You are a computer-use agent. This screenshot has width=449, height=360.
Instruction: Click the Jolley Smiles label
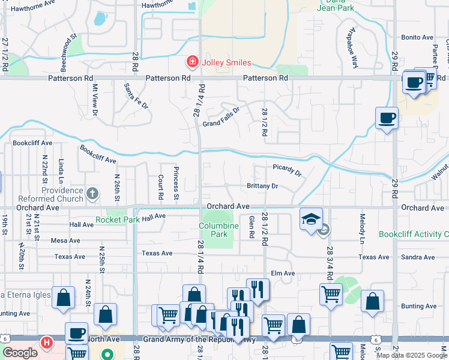pos(227,62)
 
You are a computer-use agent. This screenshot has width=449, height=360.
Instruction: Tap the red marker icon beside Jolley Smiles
pos(191,62)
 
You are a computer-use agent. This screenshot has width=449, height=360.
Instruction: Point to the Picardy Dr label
pos(287,170)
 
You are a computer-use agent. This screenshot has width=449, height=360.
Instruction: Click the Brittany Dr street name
pos(262,186)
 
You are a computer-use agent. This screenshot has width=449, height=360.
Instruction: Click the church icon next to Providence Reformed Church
pos(92,193)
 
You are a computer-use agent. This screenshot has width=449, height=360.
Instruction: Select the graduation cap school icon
pos(312,219)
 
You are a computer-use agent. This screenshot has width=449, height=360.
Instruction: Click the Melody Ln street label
pos(363,228)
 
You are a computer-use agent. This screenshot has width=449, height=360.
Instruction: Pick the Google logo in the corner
pos(20,353)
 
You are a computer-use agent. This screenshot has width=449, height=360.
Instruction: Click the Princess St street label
pos(176,183)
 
